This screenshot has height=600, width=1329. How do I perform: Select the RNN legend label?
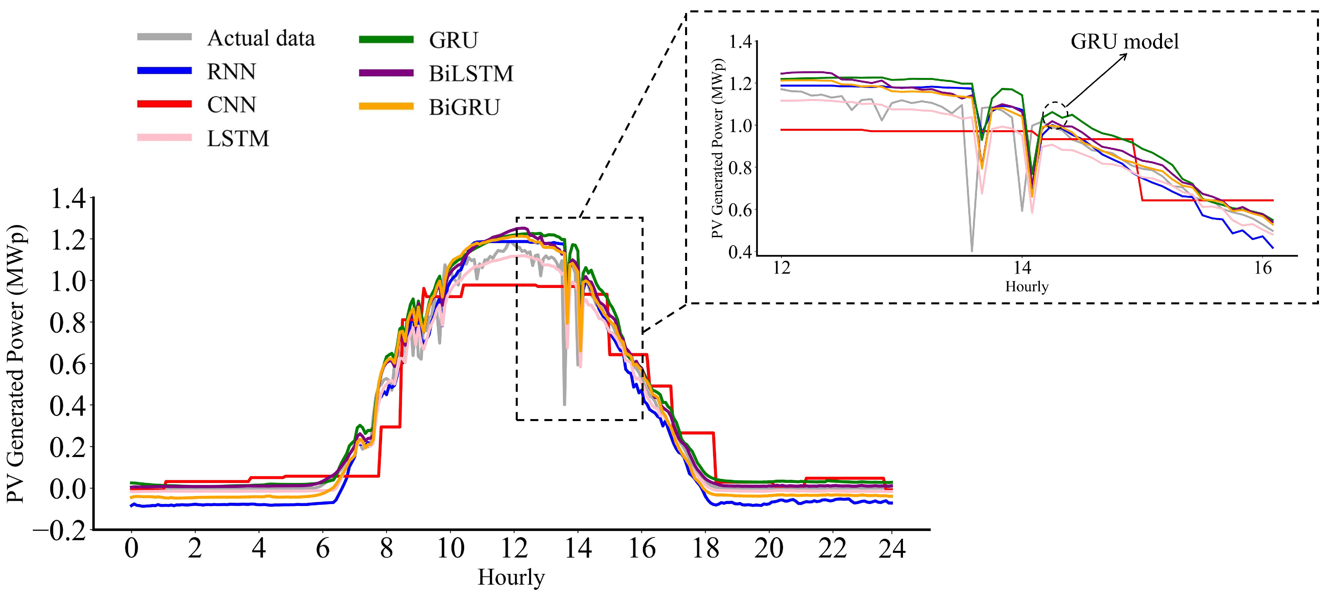(231, 72)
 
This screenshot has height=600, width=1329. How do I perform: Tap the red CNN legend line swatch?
(164, 104)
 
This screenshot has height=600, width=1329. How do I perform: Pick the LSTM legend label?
(238, 138)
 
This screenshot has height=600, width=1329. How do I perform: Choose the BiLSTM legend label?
(471, 74)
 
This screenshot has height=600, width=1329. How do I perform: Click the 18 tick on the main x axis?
(705, 548)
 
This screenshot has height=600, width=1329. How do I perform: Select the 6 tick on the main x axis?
(322, 548)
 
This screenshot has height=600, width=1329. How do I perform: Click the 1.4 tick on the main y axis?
(68, 198)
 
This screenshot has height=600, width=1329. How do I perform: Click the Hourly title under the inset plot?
(1027, 287)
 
